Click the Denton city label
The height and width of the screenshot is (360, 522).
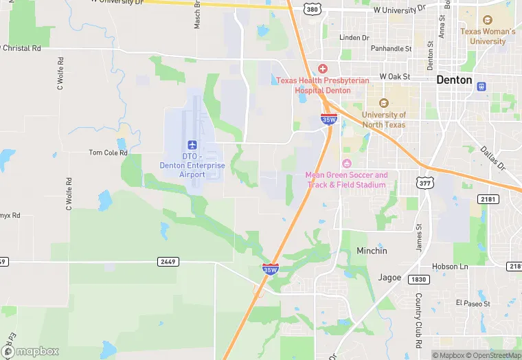(x=455, y=80)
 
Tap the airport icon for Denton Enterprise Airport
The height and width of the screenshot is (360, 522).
(x=192, y=144)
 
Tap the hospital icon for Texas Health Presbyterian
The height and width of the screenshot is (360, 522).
(x=322, y=69)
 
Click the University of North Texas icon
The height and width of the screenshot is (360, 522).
(x=384, y=103)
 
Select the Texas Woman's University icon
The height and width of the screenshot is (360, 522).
(x=488, y=21)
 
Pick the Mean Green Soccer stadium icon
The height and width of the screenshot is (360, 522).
(x=346, y=163)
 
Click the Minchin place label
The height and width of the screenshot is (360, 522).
(x=372, y=251)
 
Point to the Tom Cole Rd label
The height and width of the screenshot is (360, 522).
(x=109, y=153)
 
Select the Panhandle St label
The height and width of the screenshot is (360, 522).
(x=391, y=49)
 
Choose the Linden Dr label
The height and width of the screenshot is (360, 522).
(x=354, y=37)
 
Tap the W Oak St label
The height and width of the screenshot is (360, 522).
(x=395, y=77)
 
